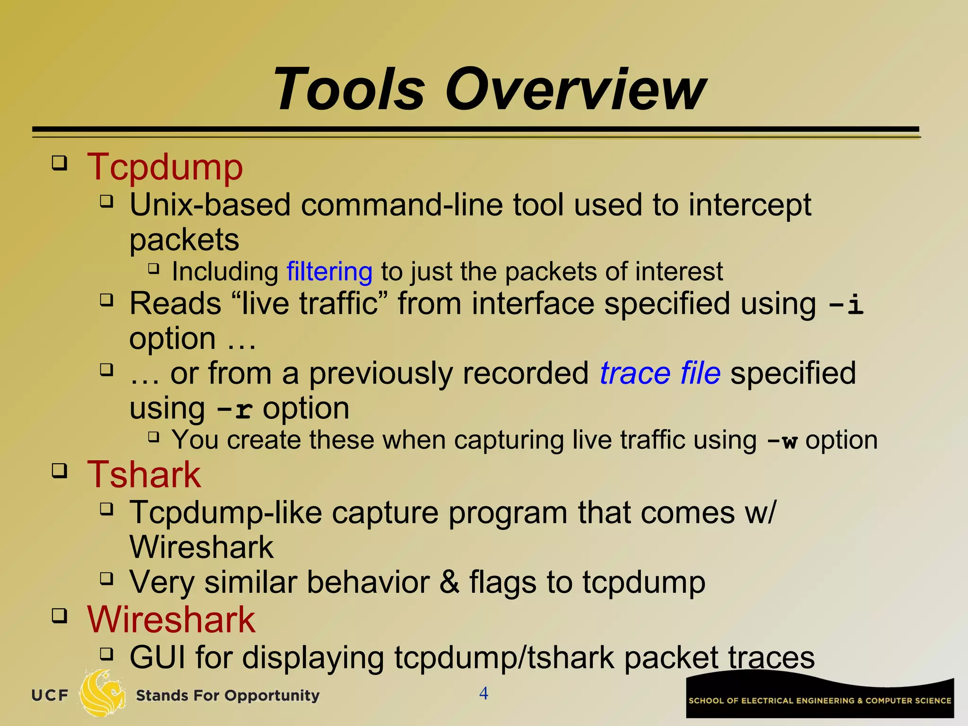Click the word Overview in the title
(x=575, y=90)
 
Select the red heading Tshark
(x=144, y=475)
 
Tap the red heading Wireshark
(x=171, y=620)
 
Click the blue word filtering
(x=329, y=272)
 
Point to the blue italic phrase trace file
(x=660, y=373)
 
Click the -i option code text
(x=846, y=304)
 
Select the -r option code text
(x=234, y=409)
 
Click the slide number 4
(x=484, y=693)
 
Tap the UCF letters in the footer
(x=50, y=695)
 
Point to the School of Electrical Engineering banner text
(x=820, y=700)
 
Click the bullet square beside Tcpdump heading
(x=60, y=164)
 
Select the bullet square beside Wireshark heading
(x=60, y=616)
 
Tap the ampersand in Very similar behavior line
(x=449, y=582)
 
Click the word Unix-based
(x=210, y=205)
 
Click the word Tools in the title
(x=350, y=90)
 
